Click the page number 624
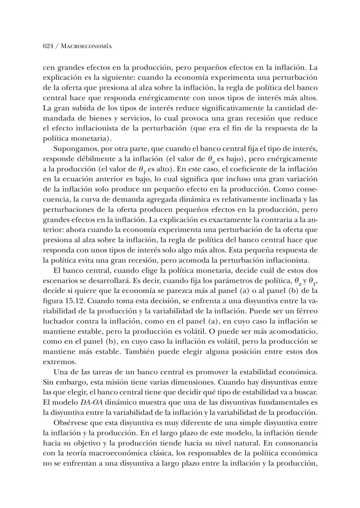pos(48,46)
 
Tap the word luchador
pos(58,321)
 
